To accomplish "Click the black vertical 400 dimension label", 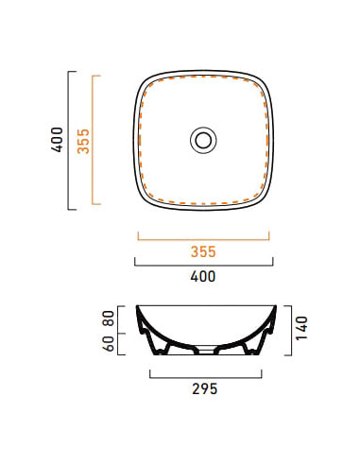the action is click(58, 140).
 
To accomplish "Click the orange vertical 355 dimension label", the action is click(83, 141).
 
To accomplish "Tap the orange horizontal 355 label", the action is click(203, 251).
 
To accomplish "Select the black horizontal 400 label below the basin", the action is click(203, 276).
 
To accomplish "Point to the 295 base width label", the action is click(205, 389).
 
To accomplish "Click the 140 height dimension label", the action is click(301, 328).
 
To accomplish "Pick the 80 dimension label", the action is click(109, 319).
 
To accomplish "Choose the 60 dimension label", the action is click(109, 343).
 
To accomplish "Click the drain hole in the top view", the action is click(203, 140).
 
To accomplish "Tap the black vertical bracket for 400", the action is click(68, 141).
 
